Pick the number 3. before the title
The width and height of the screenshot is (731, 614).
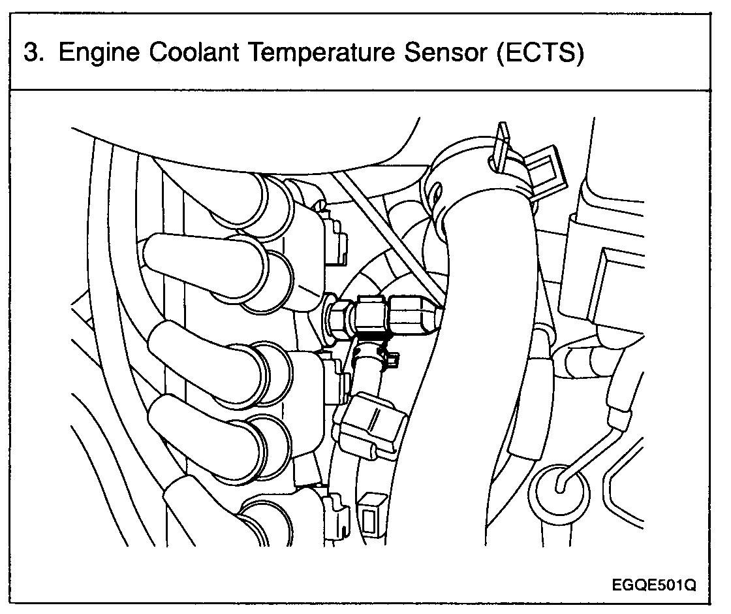click(34, 53)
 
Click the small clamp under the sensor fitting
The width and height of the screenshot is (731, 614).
click(375, 356)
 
